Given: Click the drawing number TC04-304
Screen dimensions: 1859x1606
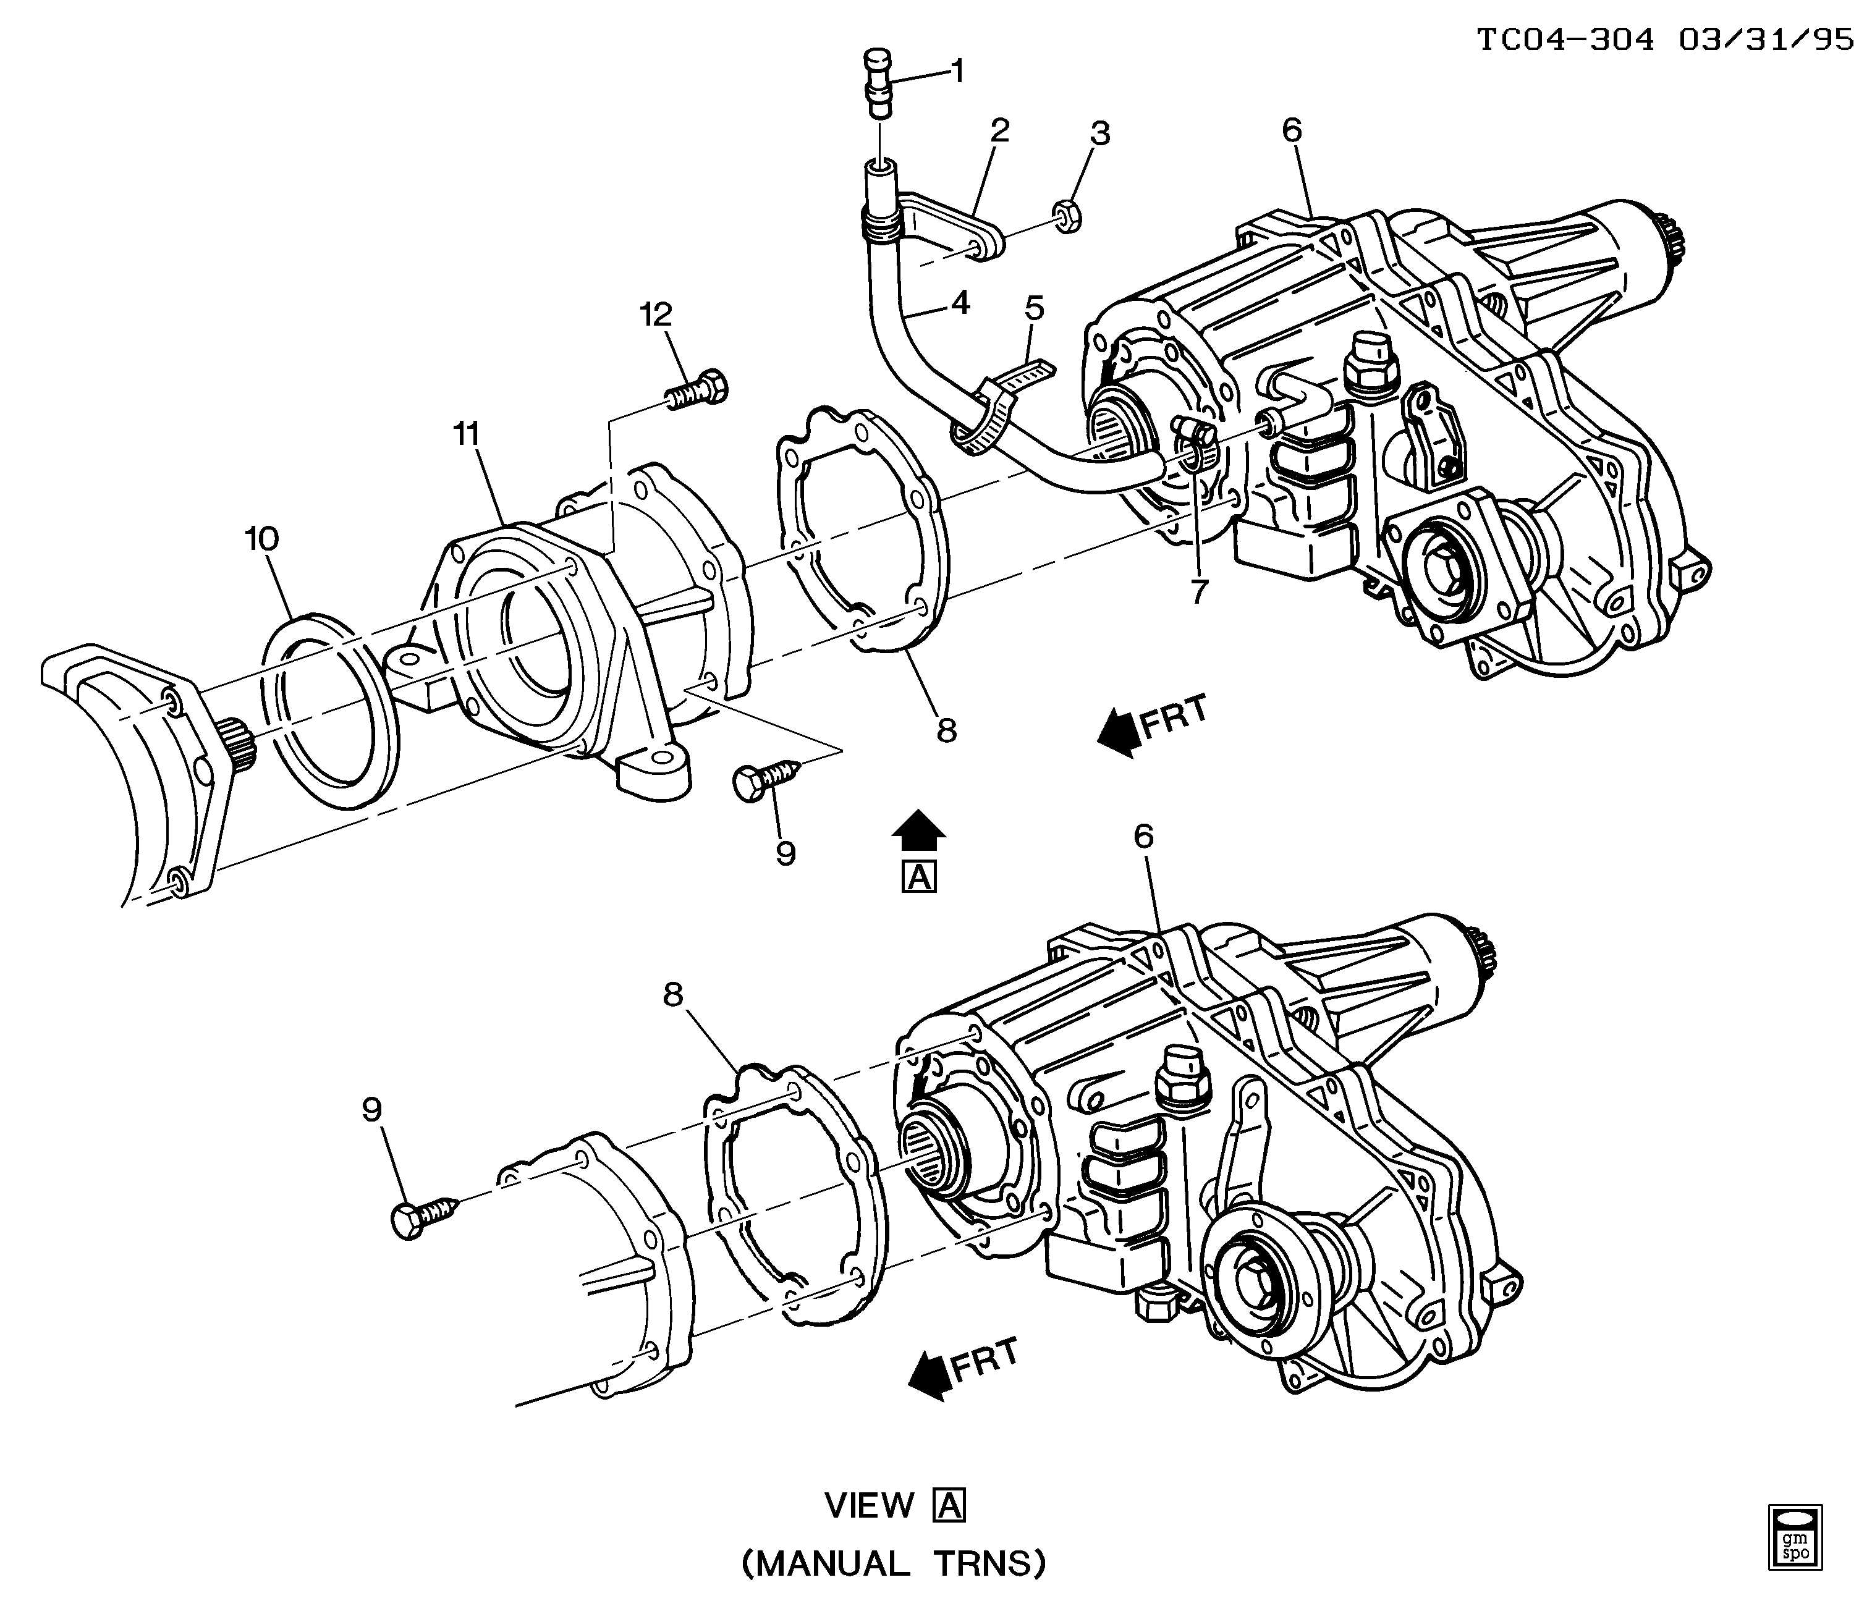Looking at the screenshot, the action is coord(1565,40).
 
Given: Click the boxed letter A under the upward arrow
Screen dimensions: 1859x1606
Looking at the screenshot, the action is coord(920,877).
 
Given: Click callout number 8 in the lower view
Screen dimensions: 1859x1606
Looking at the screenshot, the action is coord(673,994).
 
